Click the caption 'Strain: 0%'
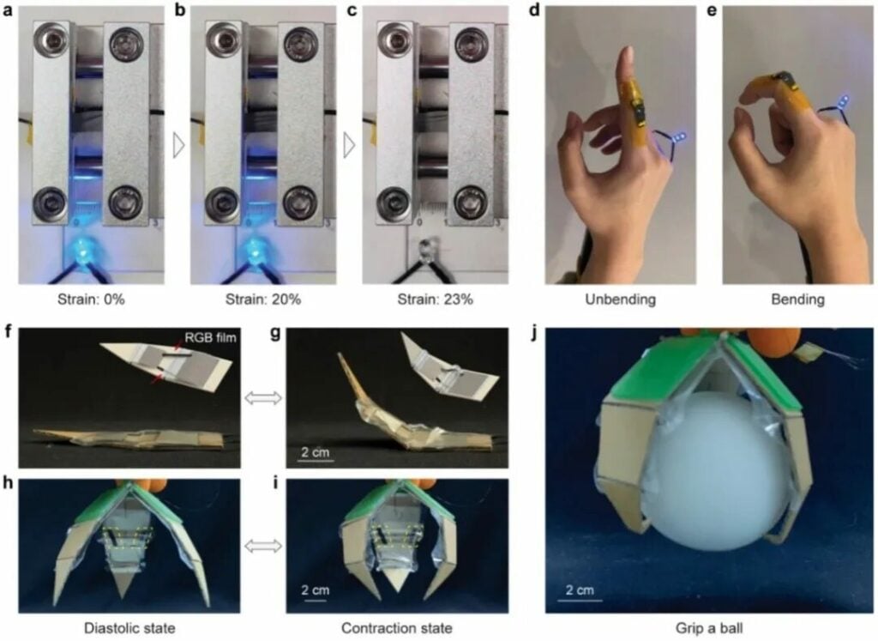91,299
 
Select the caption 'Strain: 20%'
263,299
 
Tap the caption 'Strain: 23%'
435,299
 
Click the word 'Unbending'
621,299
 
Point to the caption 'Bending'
798,299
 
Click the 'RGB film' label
211,337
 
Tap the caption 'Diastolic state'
129,628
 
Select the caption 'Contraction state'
397,628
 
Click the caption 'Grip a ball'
709,628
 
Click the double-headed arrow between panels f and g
263,398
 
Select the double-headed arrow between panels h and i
263,546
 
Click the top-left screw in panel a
48,39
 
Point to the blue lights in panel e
843,101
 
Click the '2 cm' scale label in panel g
316,451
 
